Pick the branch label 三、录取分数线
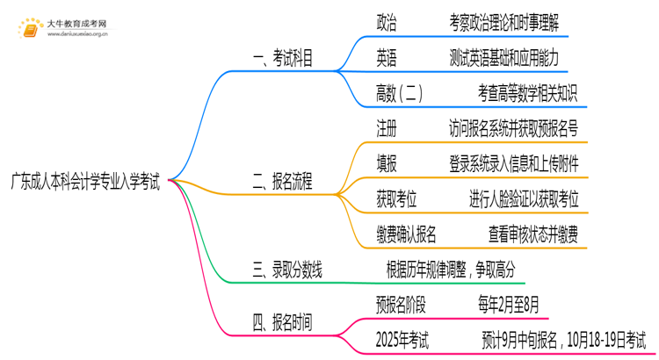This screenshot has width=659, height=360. tap(287, 270)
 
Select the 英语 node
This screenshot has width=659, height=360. tap(386, 59)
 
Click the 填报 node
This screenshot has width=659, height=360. tap(386, 164)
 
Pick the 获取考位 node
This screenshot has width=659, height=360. tap(397, 199)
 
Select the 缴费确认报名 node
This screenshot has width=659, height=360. tap(407, 234)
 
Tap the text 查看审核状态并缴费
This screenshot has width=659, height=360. tap(539, 234)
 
